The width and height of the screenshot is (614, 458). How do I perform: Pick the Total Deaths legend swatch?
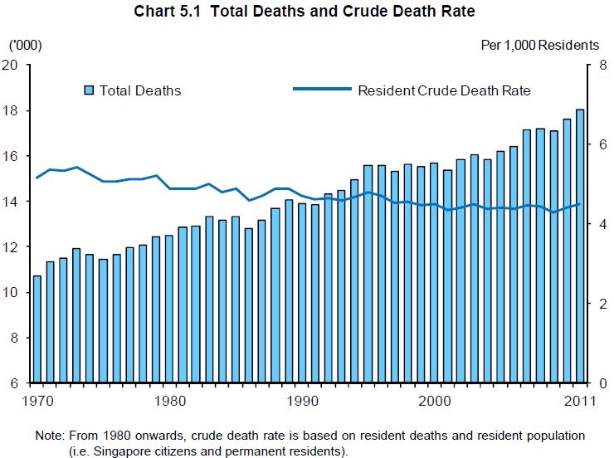pos(90,90)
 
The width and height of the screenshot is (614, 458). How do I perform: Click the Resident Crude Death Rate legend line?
pos(322,90)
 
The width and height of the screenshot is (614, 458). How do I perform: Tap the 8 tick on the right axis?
pos(591,66)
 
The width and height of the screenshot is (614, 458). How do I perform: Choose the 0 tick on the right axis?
pos(591,383)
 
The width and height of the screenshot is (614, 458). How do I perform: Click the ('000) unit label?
pos(25,44)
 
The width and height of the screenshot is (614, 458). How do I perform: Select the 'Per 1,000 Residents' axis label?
pos(539,44)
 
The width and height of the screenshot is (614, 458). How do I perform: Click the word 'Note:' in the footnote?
pos(49,436)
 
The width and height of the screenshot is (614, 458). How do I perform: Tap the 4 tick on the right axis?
pos(591,224)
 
